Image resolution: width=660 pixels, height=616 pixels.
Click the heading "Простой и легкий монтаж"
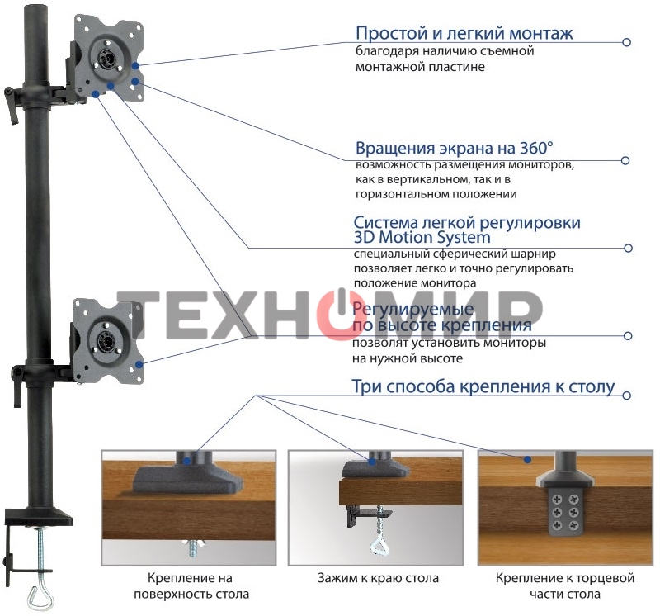[x=464, y=34]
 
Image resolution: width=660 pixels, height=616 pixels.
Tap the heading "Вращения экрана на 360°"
[x=455, y=149]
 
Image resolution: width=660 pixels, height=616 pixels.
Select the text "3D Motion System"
[x=422, y=238]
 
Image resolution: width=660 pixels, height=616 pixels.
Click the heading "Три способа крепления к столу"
[x=483, y=386]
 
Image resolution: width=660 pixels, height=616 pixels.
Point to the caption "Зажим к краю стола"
[x=378, y=578]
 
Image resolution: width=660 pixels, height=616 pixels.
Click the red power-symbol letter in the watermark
[x=338, y=315]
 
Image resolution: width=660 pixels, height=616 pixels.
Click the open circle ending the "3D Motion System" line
[x=629, y=248]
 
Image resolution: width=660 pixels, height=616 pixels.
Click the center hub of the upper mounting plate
[x=106, y=58]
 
